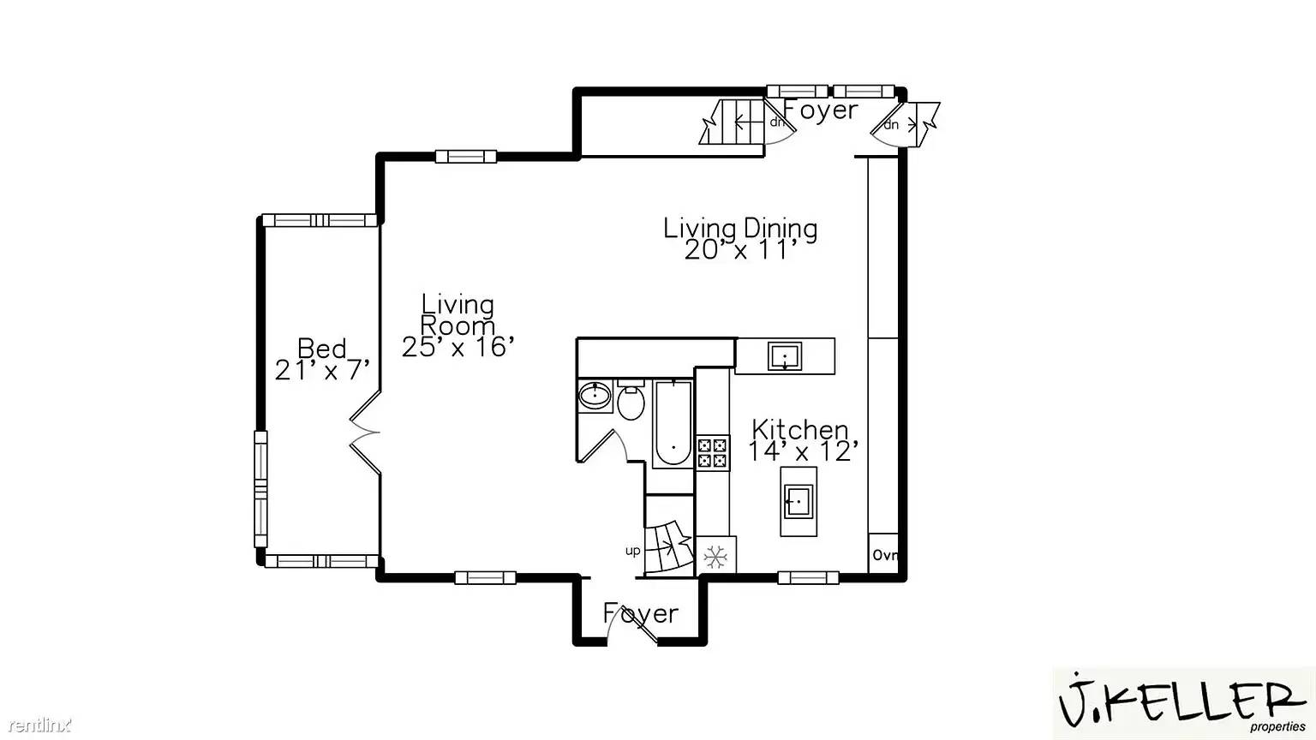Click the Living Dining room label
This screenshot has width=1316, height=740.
[x=740, y=228]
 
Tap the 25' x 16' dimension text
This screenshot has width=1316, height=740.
[x=458, y=347]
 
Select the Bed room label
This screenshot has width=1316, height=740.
[x=322, y=348]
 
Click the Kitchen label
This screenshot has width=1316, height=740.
[x=799, y=429]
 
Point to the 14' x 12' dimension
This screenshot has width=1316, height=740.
[x=803, y=451]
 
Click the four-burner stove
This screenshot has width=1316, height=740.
[x=712, y=452]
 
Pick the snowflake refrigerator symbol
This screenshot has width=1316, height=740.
[x=715, y=558]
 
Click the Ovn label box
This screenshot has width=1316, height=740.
[x=884, y=555]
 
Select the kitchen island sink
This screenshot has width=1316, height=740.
[x=798, y=501]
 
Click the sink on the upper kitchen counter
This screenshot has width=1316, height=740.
[x=785, y=355]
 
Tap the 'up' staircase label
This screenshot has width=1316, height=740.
[x=632, y=551]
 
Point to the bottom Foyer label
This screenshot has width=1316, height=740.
[x=640, y=613]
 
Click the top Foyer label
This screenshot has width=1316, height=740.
[x=821, y=110]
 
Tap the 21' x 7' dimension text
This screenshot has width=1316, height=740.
[x=322, y=370]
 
